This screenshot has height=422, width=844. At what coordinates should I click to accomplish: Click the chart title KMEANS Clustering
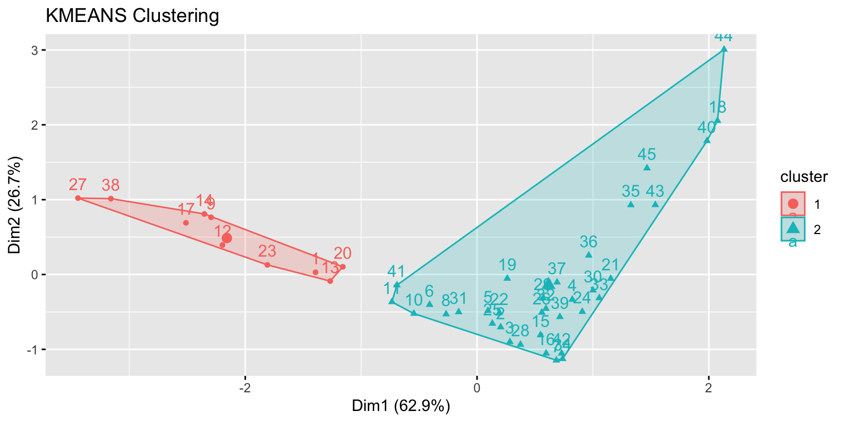tap(132, 16)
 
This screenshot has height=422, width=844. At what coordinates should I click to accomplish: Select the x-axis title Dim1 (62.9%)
tap(401, 407)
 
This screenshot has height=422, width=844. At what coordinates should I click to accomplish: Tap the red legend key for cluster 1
tap(793, 204)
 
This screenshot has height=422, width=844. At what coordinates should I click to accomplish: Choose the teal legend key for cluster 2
tap(793, 229)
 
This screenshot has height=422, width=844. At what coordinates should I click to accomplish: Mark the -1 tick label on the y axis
tap(31, 349)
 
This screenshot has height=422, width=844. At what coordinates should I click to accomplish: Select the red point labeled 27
tap(78, 198)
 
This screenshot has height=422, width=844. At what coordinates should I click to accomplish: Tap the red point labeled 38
tap(110, 198)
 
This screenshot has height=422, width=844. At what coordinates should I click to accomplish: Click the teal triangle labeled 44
tap(724, 49)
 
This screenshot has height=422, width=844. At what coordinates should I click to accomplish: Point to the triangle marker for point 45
tap(647, 168)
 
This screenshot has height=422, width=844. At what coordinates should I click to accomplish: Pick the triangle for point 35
tap(631, 204)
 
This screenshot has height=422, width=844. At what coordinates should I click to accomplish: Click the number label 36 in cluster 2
tap(588, 242)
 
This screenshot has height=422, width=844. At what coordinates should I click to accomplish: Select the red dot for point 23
tap(267, 265)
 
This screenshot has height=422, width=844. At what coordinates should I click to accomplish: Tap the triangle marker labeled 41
tap(397, 285)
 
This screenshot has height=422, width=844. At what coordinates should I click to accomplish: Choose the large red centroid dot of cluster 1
tap(227, 238)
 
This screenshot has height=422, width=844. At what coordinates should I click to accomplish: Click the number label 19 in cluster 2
tap(507, 265)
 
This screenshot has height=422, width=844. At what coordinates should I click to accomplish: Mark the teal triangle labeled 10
tap(414, 313)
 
